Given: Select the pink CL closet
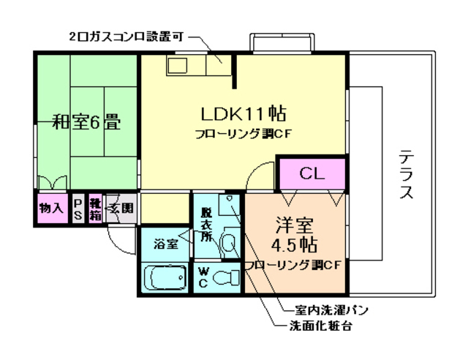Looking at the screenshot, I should click(312, 174).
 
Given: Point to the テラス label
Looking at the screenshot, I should click(407, 176).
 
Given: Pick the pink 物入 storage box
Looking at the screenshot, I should click(51, 208).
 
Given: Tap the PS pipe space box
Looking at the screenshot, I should click(78, 207).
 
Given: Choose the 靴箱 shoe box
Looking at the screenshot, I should click(95, 207).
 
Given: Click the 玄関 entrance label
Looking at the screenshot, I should click(121, 208).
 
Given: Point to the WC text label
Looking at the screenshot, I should click(205, 277).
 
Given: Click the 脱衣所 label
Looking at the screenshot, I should click(207, 224).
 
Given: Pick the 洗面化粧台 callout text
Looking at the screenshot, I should click(322, 326).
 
